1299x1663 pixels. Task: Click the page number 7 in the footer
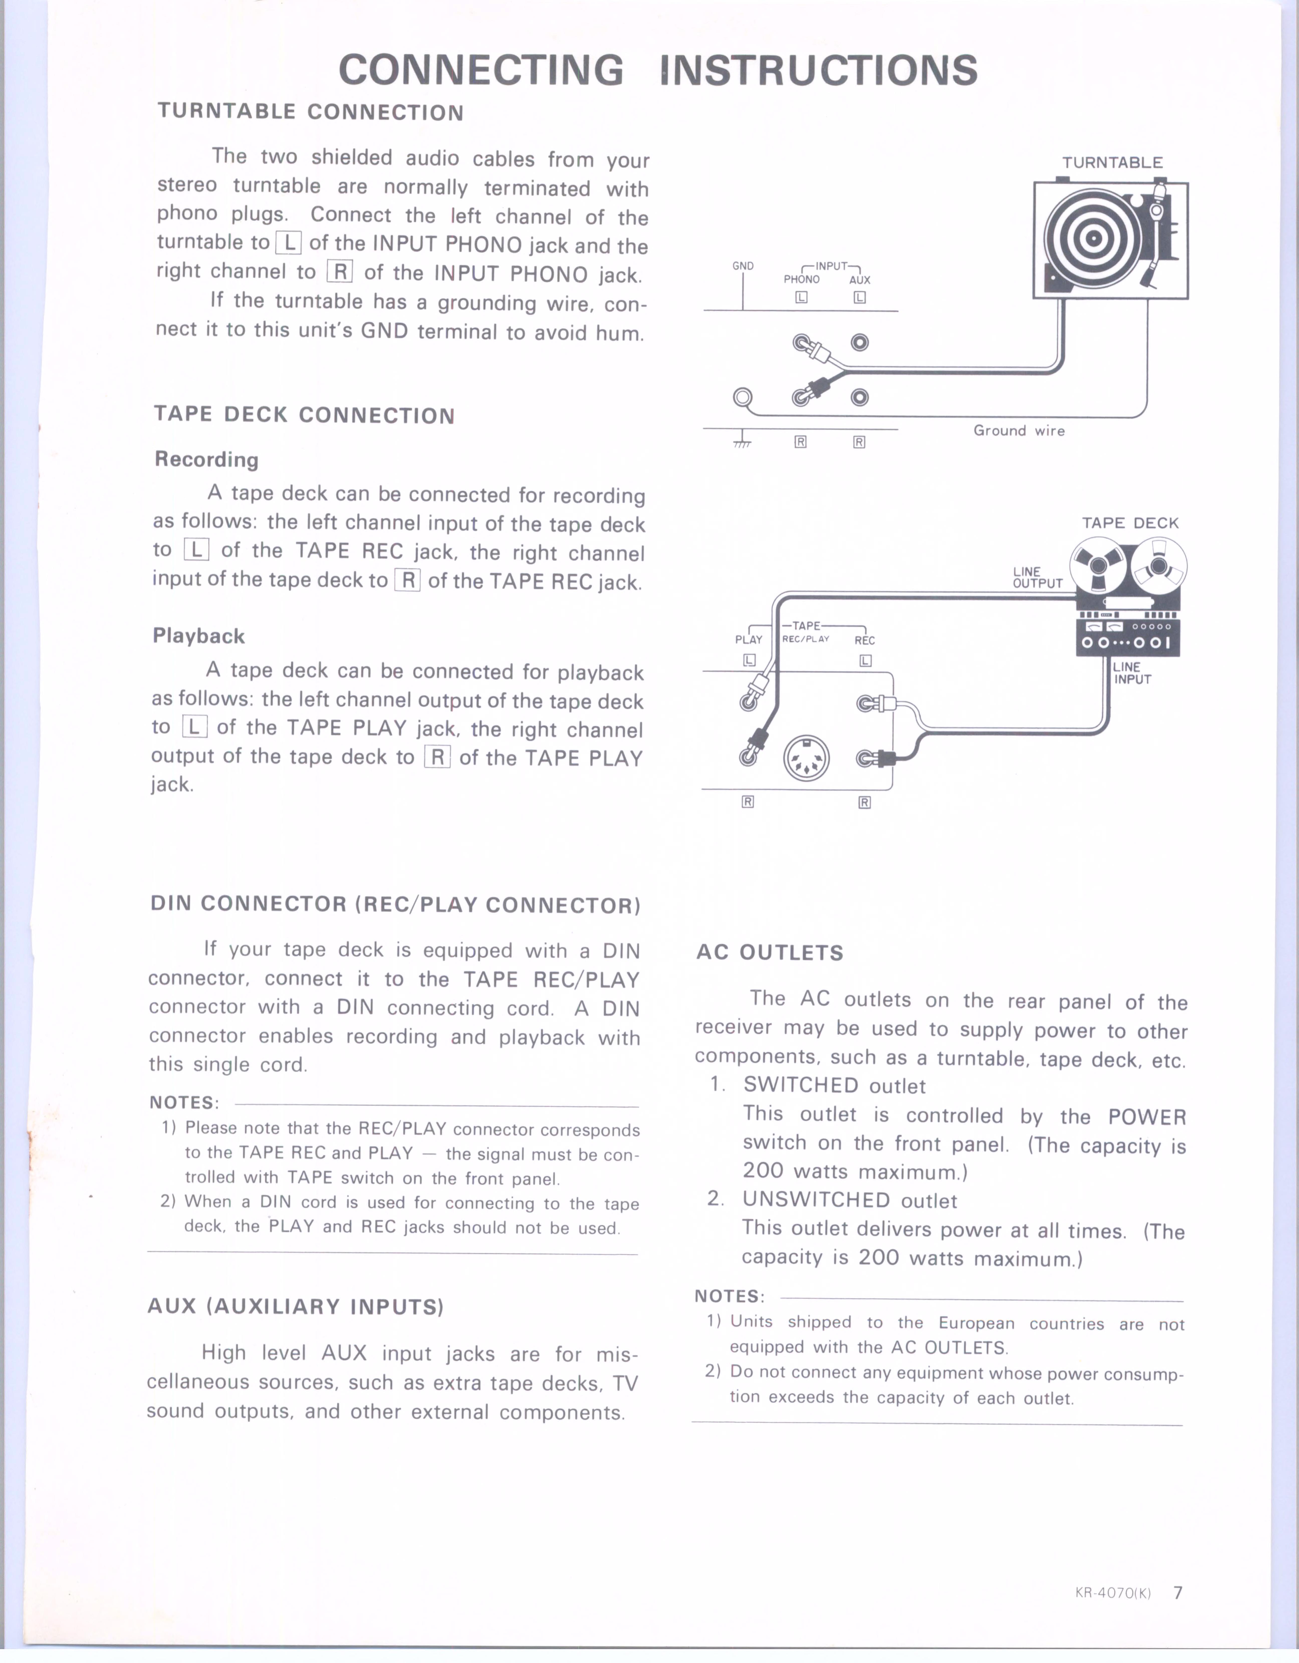coord(1178,1592)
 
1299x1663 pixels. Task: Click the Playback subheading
coord(199,636)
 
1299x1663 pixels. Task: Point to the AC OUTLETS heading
coord(770,953)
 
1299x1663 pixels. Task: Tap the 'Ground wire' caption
coord(1019,431)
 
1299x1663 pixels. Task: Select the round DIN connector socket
coord(806,758)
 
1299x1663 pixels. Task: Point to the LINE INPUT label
coord(1132,673)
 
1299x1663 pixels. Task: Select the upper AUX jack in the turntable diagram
coord(860,343)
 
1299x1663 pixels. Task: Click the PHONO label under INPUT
coord(802,279)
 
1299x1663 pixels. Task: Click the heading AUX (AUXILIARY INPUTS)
coord(295,1307)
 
